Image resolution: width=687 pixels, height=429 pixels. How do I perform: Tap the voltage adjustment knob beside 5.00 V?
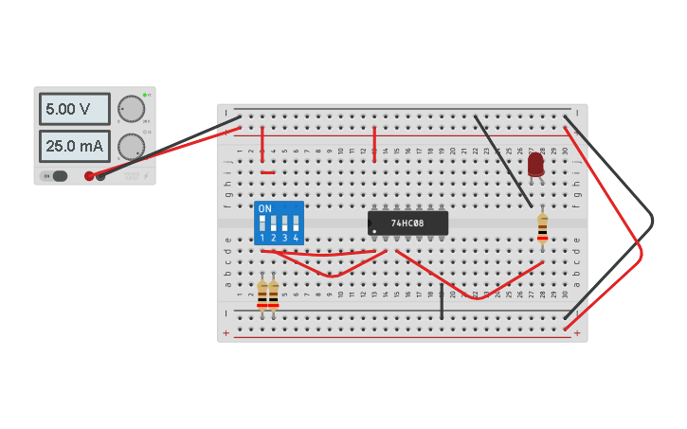(x=131, y=109)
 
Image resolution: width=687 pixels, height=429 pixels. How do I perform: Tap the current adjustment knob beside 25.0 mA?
(x=131, y=146)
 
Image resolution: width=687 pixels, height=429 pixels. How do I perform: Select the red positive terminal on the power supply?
(x=90, y=175)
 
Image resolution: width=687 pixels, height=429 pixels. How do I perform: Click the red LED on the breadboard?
(x=535, y=164)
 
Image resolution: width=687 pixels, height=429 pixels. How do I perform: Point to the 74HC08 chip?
(x=407, y=223)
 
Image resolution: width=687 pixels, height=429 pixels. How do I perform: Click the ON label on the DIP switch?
(x=264, y=208)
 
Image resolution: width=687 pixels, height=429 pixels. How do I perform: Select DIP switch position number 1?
(x=262, y=225)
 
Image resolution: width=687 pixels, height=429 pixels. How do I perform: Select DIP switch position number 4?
(x=296, y=225)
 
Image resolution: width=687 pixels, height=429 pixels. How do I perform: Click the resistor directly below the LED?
(x=542, y=227)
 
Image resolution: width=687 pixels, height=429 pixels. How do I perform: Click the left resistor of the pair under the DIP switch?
(x=262, y=294)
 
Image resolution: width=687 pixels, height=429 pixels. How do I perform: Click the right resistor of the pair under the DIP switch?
(x=274, y=294)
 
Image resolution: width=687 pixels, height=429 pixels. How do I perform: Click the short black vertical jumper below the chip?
(x=442, y=301)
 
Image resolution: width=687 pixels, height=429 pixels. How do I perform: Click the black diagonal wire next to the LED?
(x=502, y=161)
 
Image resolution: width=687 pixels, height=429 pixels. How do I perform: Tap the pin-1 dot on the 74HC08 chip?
(x=375, y=231)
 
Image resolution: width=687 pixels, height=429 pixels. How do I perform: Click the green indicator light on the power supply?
(x=144, y=95)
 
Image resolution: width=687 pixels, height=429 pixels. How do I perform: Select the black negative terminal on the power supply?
(x=101, y=175)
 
